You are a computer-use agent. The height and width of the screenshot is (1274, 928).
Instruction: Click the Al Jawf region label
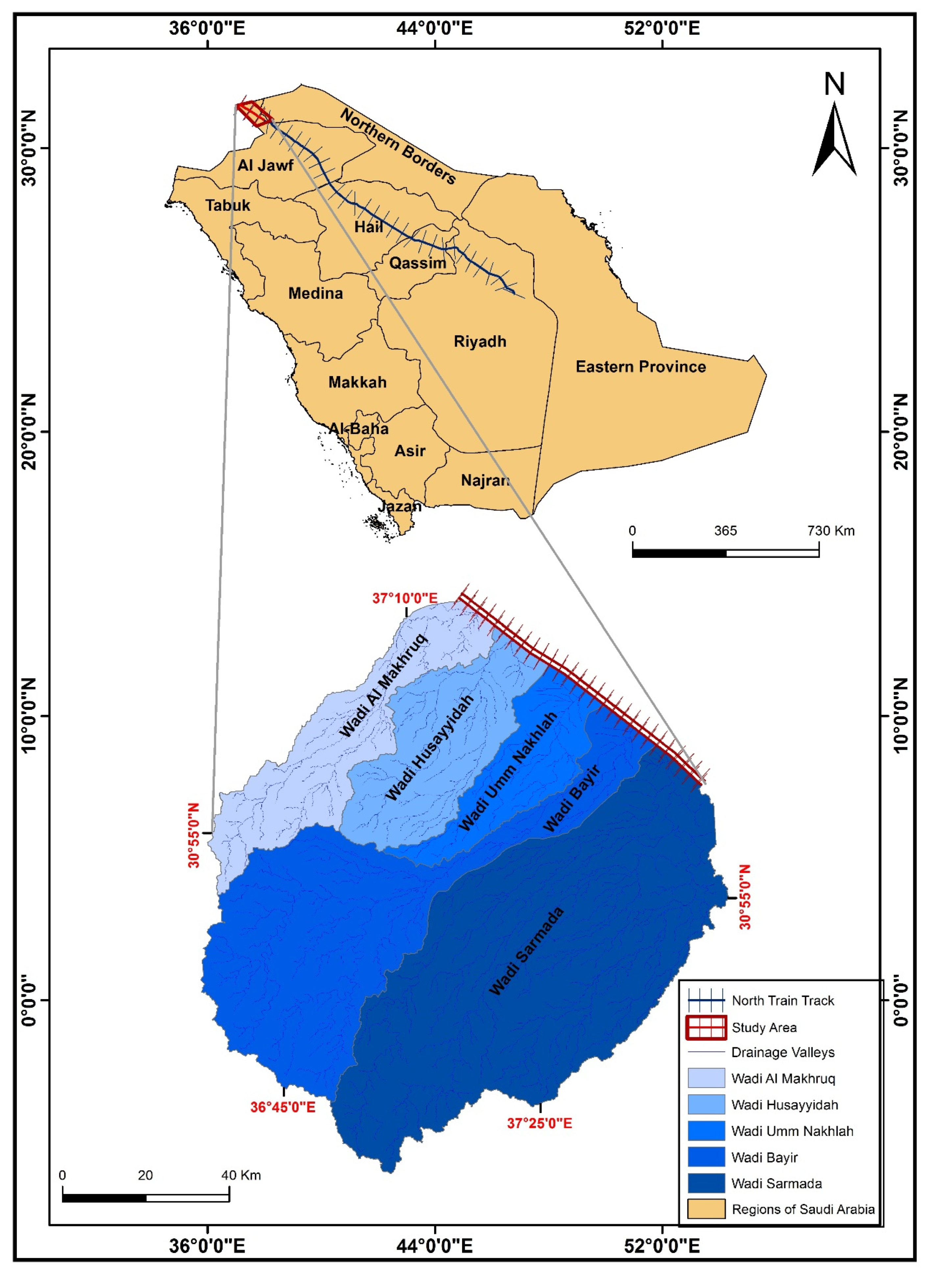[x=265, y=165]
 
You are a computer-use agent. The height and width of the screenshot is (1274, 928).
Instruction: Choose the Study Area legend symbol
[x=706, y=1027]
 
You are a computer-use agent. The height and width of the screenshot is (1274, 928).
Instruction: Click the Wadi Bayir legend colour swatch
[x=706, y=1158]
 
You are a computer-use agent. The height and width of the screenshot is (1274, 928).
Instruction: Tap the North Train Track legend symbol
[x=706, y=1000]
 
